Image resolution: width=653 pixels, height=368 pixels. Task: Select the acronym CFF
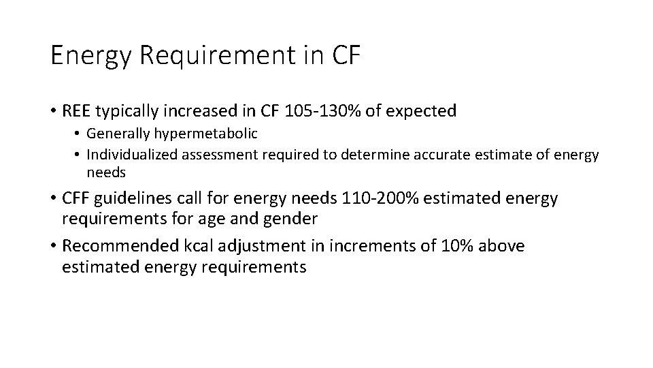tap(77, 199)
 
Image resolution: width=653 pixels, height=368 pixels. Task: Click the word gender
tap(292, 219)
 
